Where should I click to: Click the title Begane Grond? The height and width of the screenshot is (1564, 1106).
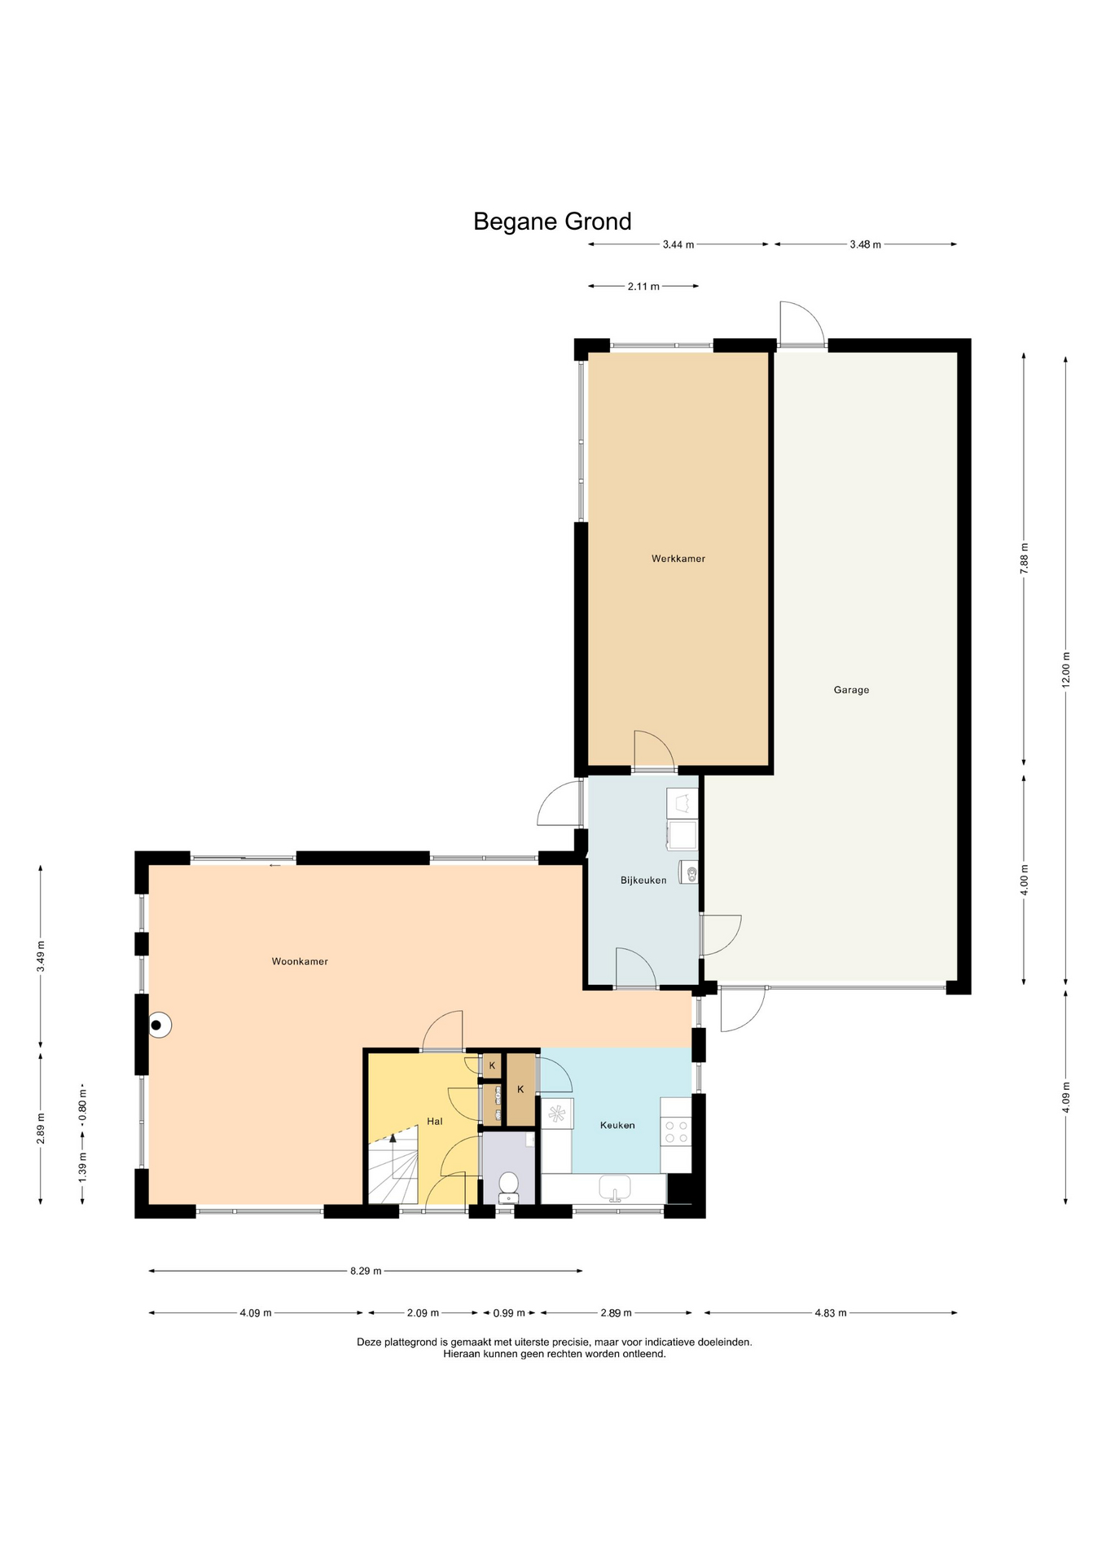[552, 222]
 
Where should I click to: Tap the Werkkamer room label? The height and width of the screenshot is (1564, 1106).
[678, 559]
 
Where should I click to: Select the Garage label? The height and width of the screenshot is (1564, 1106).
[851, 690]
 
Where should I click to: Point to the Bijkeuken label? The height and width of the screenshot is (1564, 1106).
[643, 881]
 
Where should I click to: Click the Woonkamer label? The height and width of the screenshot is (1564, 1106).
[300, 961]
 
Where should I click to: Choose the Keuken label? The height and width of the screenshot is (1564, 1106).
[617, 1125]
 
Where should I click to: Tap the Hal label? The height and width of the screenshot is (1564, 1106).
[435, 1122]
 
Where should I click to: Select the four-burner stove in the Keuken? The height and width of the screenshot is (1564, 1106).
[676, 1131]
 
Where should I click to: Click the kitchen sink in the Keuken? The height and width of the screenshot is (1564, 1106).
[615, 1188]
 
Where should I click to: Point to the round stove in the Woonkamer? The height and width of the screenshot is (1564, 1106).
[159, 1025]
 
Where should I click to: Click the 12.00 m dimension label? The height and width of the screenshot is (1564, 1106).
[1065, 670]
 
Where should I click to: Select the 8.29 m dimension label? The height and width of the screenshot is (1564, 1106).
[366, 1271]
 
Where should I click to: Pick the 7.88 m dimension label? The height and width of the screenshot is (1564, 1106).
[1024, 558]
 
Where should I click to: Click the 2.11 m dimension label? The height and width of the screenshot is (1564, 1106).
[643, 287]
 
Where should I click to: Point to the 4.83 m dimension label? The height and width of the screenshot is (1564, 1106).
[831, 1313]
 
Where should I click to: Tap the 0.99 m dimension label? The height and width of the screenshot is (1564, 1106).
[509, 1313]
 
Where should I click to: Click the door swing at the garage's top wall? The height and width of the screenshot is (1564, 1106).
[802, 323]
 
